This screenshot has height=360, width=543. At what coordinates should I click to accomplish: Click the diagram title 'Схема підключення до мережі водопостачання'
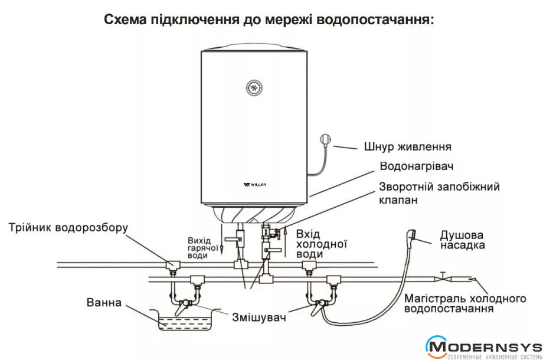[269, 19]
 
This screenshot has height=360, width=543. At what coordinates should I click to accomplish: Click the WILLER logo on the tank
[254, 185]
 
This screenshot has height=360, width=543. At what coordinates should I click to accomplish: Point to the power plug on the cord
[326, 140]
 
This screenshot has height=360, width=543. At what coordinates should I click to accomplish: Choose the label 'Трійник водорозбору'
[68, 227]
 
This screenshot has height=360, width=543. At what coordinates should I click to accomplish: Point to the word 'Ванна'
[103, 303]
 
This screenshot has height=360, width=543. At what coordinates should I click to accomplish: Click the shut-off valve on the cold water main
[442, 275]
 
